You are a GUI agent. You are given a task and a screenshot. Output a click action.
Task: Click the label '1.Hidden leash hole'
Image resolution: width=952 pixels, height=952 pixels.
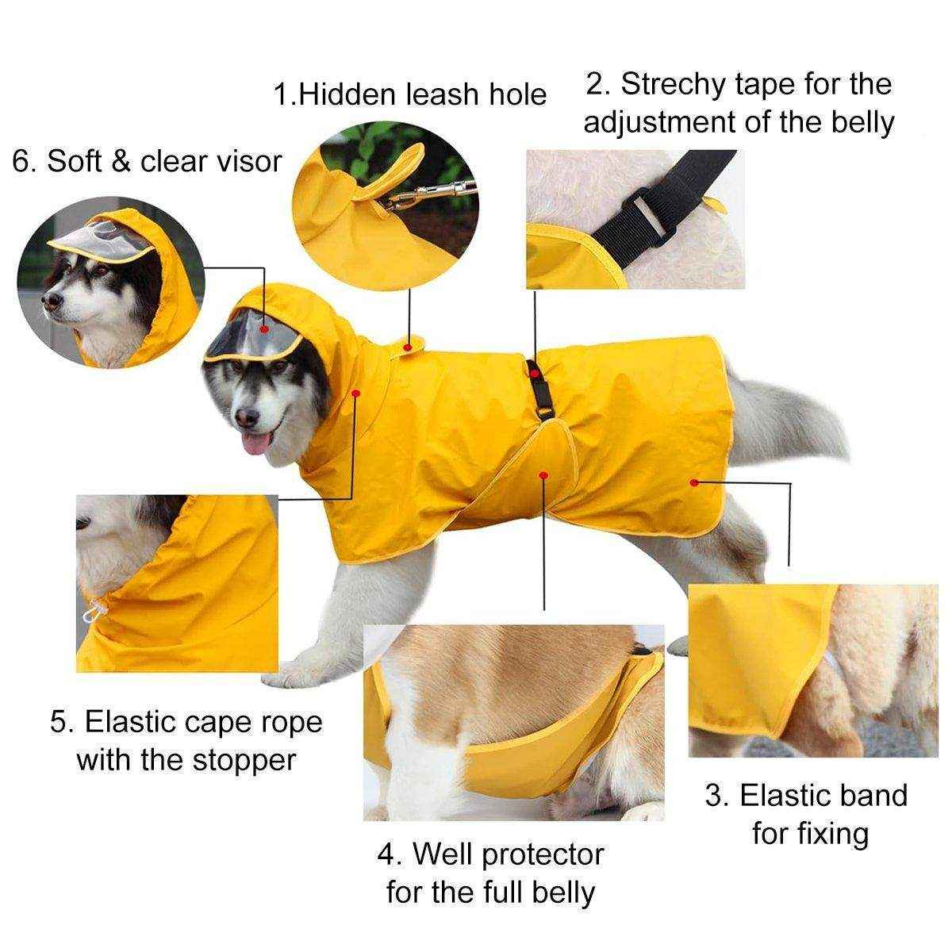click(409, 94)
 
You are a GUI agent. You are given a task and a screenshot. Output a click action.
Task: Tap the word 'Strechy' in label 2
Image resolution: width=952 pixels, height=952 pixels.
click(681, 84)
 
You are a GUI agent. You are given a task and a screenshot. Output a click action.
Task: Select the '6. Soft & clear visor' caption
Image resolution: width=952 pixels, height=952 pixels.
click(148, 161)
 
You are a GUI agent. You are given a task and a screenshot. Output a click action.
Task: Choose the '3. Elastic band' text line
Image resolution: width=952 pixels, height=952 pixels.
click(806, 795)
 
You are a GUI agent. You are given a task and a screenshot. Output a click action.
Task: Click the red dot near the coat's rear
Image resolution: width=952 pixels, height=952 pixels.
click(695, 482)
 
